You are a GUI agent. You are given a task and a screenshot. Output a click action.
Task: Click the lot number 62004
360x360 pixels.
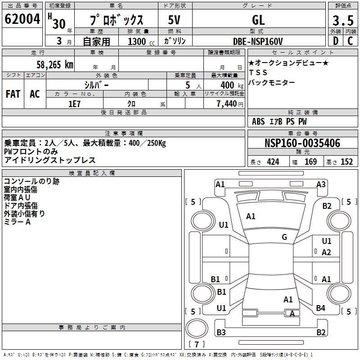(x=22, y=19)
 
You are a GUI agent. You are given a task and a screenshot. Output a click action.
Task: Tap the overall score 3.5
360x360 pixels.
(x=343, y=20)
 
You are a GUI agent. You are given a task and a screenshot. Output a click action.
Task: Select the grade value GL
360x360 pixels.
(x=258, y=20)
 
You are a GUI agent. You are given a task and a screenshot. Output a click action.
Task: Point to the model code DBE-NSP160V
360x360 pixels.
(x=258, y=41)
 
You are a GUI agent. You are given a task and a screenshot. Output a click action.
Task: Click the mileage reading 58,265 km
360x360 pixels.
(x=55, y=65)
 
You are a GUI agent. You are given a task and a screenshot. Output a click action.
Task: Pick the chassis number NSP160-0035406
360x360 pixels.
(x=302, y=143)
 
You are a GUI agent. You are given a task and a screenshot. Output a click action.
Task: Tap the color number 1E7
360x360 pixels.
(x=74, y=104)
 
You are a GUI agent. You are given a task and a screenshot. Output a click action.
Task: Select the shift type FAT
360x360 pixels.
(x=13, y=94)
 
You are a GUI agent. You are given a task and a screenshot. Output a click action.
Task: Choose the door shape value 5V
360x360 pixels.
(x=174, y=20)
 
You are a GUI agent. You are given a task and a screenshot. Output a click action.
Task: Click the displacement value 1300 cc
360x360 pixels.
(x=141, y=41)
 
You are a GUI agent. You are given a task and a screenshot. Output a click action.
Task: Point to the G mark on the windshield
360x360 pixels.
(x=284, y=237)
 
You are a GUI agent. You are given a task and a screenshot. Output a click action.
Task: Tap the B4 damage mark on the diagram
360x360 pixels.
(x=320, y=308)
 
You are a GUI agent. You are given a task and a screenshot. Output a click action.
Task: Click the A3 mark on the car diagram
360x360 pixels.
(x=321, y=184)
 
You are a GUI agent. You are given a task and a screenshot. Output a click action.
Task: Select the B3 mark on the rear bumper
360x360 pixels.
(x=221, y=332)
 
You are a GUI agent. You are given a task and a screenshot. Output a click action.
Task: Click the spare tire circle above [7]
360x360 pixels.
(x=197, y=328)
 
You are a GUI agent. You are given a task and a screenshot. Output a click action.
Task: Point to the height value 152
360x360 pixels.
(x=346, y=162)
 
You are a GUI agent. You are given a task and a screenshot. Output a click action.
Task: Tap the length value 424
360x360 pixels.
(x=273, y=162)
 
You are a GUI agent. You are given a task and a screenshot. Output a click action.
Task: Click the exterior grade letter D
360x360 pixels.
(x=336, y=41)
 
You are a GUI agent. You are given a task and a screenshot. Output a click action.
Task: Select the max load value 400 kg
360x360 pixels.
(x=232, y=85)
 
